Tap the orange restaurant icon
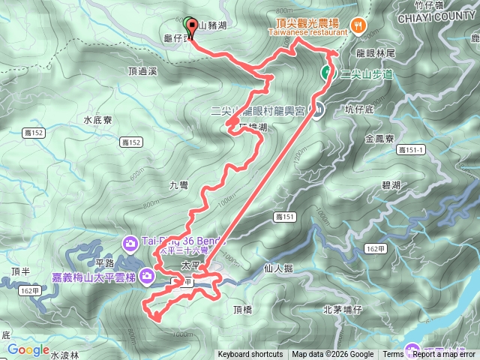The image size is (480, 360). [x=361, y=24]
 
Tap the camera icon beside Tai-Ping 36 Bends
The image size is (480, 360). [x=130, y=242]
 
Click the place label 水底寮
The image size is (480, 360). [x=97, y=119]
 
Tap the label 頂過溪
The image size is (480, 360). [x=142, y=71]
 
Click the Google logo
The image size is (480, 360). [x=28, y=349]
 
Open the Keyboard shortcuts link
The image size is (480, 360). [x=250, y=355]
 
